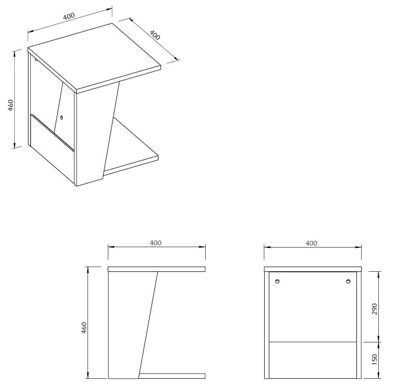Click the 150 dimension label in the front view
pos(374,360)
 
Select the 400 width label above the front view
pos(311,243)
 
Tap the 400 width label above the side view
pos(156,243)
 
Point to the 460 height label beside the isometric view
pos(11,105)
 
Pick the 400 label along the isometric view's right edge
pos(155,35)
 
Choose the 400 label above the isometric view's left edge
pos(68,16)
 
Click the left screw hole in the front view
pos(277,281)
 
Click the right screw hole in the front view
pos(348,281)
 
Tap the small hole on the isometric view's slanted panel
pos(62,117)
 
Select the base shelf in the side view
pos(172,376)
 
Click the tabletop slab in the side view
pos(156,269)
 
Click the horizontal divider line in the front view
pos(313,342)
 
